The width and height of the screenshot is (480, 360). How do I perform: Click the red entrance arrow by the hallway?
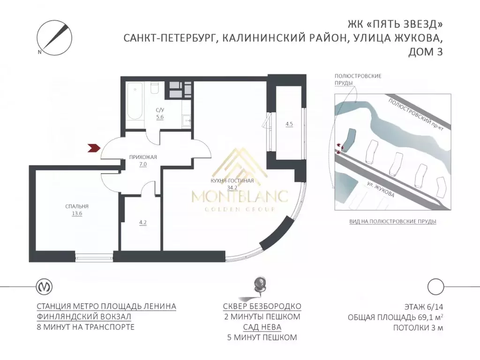(x=95, y=148)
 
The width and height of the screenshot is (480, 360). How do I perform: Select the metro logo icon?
(x=45, y=285)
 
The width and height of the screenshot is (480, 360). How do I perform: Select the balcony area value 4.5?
(x=289, y=124)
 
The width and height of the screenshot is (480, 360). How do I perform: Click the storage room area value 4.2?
(x=143, y=223)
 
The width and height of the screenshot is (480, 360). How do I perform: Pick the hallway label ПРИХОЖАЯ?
(x=143, y=157)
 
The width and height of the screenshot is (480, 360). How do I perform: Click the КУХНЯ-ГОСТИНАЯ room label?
(x=233, y=180)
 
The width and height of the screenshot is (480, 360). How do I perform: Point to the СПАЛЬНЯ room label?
(x=77, y=206)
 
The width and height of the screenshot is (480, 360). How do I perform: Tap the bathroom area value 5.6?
(x=160, y=117)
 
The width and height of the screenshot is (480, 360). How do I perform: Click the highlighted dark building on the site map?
(x=348, y=138)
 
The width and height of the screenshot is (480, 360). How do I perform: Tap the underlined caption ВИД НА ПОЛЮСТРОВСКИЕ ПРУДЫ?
(x=393, y=221)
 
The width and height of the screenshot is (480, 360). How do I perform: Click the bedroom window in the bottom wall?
(x=94, y=256)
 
